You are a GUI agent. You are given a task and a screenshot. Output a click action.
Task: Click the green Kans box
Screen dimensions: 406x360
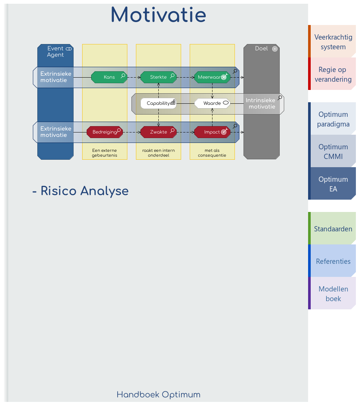[109, 77]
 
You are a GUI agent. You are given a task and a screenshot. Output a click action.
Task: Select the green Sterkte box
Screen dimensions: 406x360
[158, 77]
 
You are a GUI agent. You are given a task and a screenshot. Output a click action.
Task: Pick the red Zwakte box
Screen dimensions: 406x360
[158, 132]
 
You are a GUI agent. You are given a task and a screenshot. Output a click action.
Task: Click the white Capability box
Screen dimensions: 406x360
[158, 103]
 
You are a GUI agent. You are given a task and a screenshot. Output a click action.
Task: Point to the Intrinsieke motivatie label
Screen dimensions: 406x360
[260, 103]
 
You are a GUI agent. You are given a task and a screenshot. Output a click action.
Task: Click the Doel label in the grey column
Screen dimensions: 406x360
[261, 49]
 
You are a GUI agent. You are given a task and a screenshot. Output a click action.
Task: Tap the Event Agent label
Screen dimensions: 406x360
[55, 52]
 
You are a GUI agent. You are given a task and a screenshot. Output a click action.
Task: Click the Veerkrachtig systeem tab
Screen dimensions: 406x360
[333, 42]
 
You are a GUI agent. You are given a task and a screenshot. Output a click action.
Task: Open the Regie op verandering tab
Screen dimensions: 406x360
[333, 74]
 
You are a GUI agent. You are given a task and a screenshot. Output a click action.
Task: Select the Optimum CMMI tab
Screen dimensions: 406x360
[333, 152]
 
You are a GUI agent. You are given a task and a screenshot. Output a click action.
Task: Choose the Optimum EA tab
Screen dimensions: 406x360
[333, 184]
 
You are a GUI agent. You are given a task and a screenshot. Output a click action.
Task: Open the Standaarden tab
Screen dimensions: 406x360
[333, 229]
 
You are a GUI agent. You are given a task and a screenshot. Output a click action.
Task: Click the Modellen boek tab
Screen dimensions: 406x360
[333, 294]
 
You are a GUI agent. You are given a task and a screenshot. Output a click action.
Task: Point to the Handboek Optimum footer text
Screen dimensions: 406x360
[158, 395]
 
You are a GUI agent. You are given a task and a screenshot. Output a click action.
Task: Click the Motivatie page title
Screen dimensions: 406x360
[158, 16]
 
